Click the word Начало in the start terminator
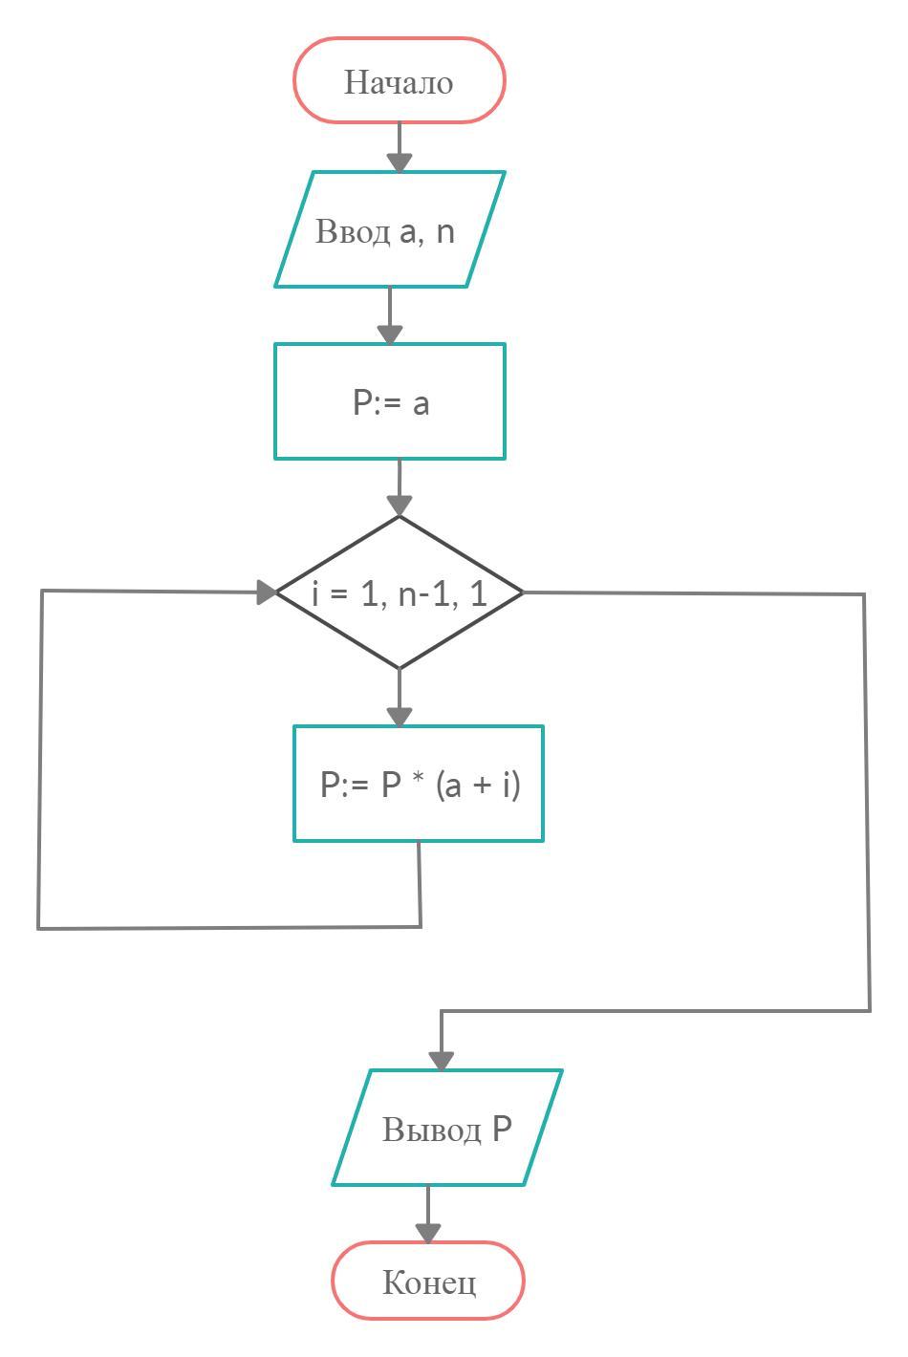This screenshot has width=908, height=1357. coord(399,82)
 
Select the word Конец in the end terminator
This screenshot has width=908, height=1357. coord(429,1282)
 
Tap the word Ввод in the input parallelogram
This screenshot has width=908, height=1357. coord(353,232)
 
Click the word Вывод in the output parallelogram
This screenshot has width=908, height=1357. coord(432,1130)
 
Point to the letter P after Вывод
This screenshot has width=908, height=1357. coord(503,1130)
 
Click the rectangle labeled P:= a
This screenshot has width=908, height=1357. coord(390,401)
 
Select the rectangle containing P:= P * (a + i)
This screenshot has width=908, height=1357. coord(419,784)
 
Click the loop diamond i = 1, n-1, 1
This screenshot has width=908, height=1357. coord(400,592)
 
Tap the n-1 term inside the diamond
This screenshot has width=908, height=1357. coord(421,594)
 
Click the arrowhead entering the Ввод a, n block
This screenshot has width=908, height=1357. coord(400,162)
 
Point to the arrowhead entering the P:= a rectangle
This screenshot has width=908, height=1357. coord(390,334)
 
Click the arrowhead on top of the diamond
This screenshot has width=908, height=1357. coord(400,506)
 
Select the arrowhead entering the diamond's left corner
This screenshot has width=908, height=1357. coord(267,592)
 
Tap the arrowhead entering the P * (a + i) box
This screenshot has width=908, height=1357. coord(400,716)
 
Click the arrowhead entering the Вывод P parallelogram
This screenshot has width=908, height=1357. coord(442,1060)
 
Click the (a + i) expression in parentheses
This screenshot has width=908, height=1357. coord(478,786)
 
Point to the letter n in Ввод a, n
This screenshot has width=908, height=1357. coord(444,232)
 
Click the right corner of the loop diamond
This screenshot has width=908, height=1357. coord(521,592)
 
